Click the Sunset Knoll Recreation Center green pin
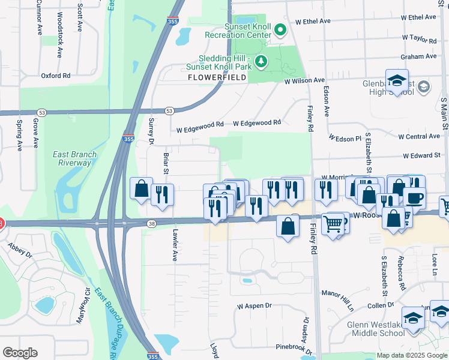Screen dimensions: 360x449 coord(280,29)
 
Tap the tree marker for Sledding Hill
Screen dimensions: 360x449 coord(261,61)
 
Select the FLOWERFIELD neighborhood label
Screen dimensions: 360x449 coord(217,78)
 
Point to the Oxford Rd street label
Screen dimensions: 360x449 coord(55,76)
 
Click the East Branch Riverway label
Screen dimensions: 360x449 coord(74,158)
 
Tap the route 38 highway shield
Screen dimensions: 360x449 coord(151,223)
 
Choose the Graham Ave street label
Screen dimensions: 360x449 coord(418,57)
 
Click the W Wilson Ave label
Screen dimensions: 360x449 coord(304,80)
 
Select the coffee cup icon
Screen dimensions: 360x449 coord(414,197)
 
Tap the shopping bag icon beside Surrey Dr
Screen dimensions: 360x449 coord(141,188)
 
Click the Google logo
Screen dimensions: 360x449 coord(20,353)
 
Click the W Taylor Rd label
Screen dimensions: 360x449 coord(418,38)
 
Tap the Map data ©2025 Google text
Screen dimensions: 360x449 coord(412,355)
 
